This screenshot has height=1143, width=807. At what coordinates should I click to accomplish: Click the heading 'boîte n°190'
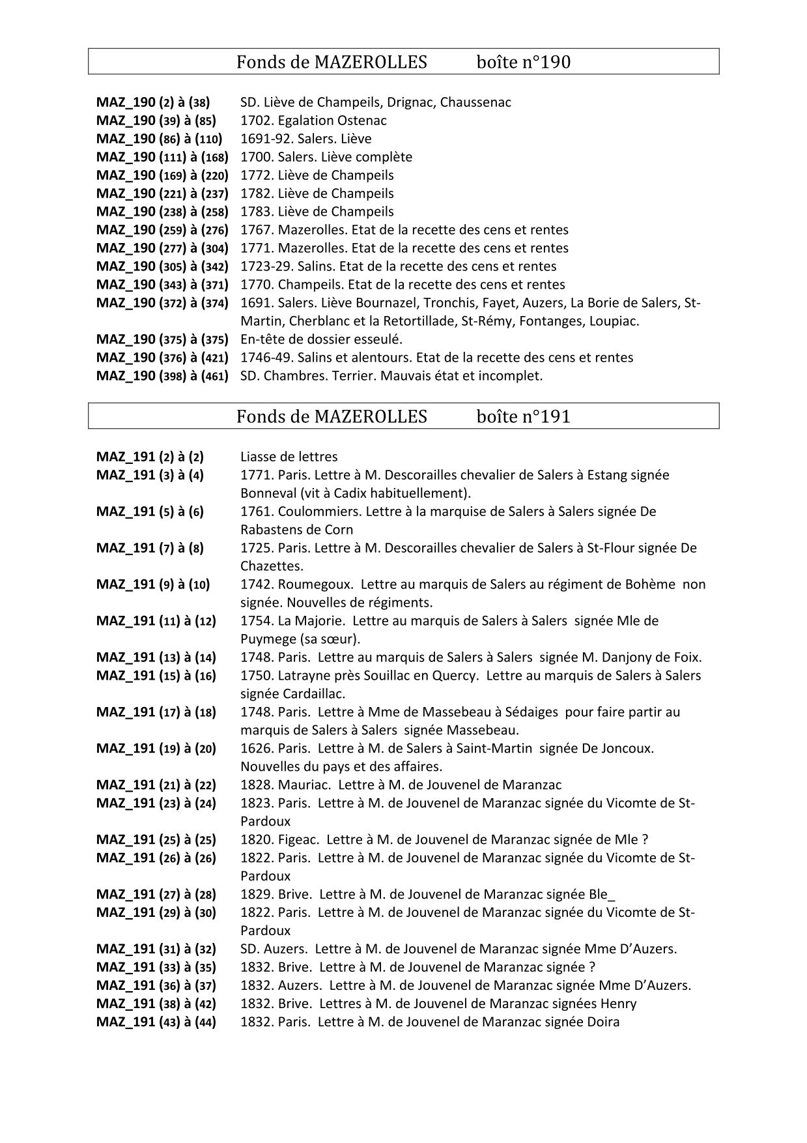coord(523,62)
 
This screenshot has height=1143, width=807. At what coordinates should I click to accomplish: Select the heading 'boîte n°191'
coord(523,416)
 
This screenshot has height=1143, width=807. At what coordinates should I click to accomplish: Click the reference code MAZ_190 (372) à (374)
coord(162,303)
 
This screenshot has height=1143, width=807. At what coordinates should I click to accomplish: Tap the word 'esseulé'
coord(379,340)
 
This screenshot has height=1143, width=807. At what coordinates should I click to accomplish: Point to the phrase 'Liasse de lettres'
coord(289,457)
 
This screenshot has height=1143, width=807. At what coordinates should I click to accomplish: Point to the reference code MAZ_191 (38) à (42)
coord(156,1004)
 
